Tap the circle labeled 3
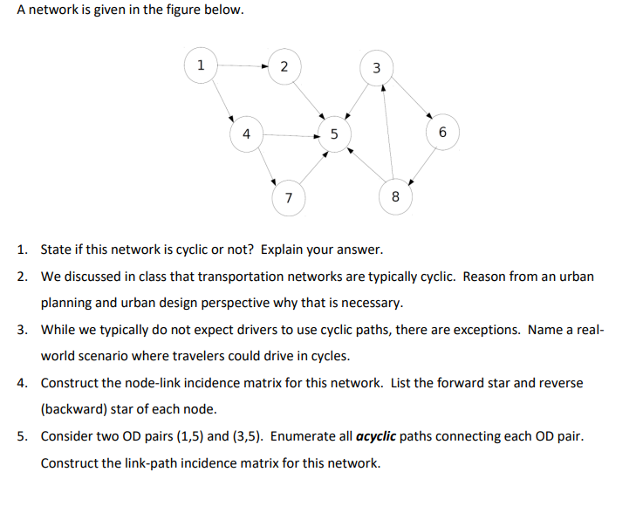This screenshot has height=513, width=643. tap(376, 67)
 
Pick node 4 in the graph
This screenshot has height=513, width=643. tap(246, 134)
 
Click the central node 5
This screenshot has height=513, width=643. tap(334, 134)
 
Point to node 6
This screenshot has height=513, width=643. tap(442, 133)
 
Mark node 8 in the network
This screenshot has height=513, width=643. tap(395, 197)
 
